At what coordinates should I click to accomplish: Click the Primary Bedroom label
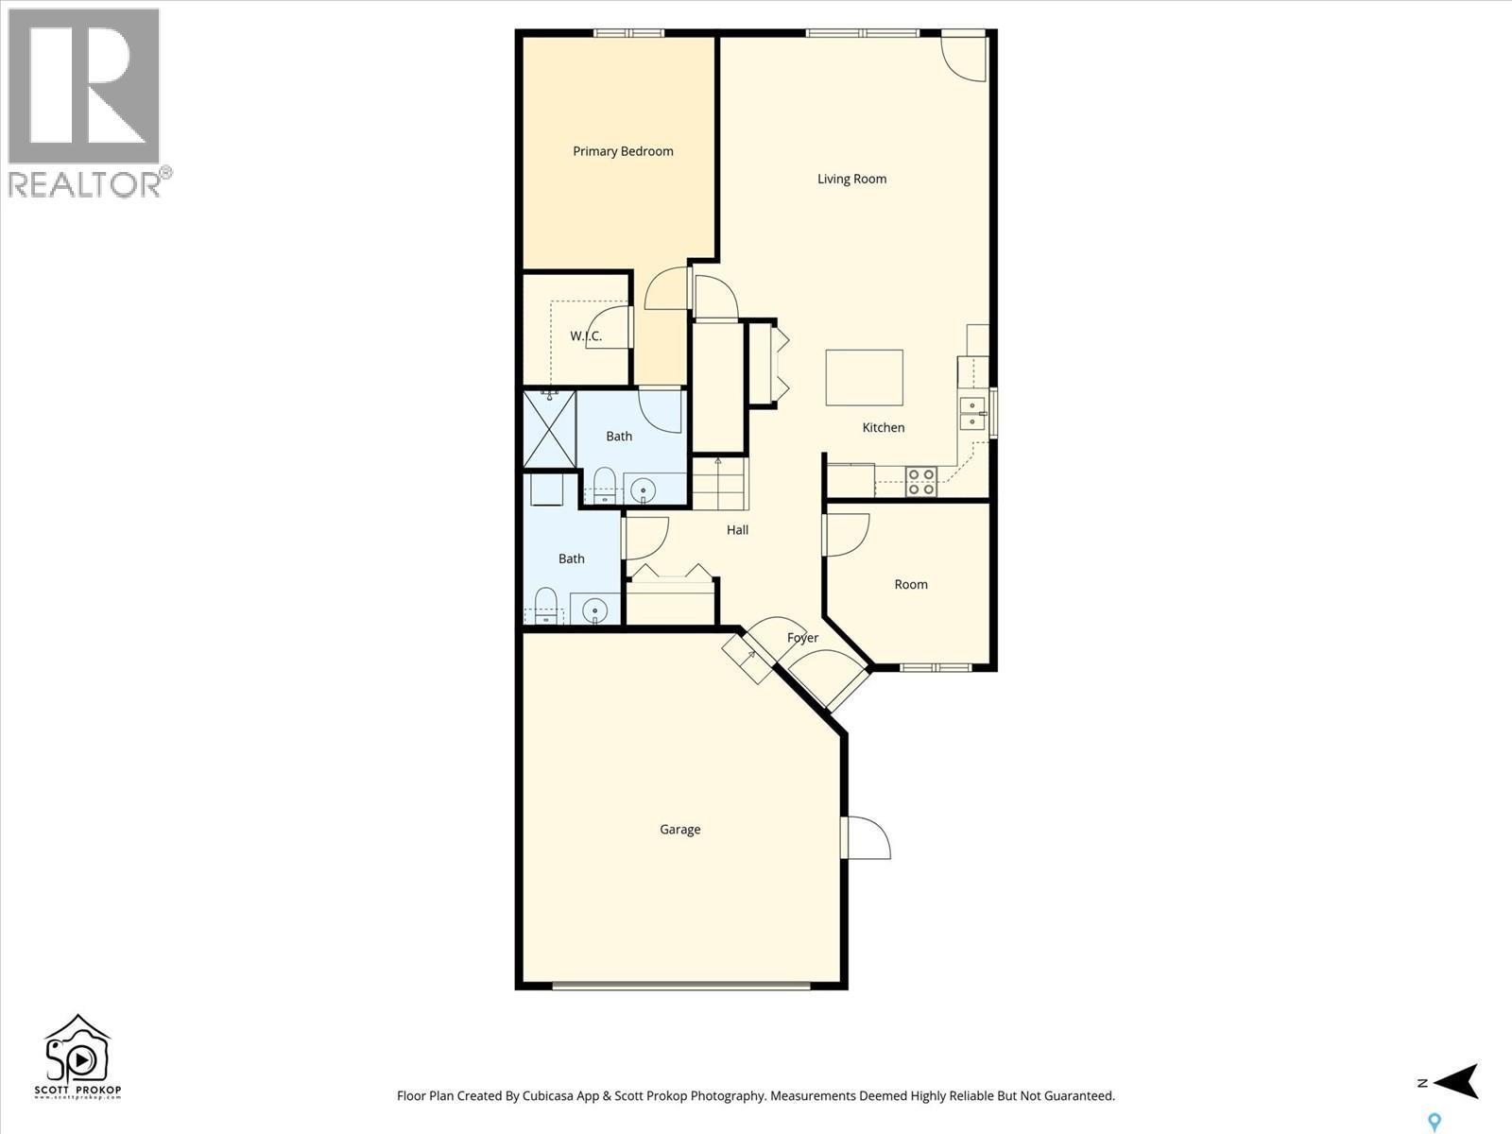[x=623, y=151]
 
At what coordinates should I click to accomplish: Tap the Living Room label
[x=851, y=179]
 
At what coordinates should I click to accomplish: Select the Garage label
[x=679, y=830]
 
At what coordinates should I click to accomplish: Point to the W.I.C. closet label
[x=586, y=336]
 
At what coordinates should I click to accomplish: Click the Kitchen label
[x=883, y=428]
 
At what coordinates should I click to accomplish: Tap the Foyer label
[x=802, y=638]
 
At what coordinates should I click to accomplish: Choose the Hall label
[x=737, y=530]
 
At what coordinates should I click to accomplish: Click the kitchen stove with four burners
[x=920, y=481]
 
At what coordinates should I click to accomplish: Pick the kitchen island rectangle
[x=864, y=377]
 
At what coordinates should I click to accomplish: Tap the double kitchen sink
[x=971, y=414]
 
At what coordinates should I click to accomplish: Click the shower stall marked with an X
[x=549, y=430]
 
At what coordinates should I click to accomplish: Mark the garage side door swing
[x=867, y=837]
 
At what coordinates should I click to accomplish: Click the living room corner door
[x=965, y=55]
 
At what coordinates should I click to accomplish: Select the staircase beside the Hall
[x=719, y=484]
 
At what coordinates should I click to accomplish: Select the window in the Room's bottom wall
[x=934, y=667]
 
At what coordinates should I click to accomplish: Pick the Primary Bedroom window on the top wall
[x=628, y=33]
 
